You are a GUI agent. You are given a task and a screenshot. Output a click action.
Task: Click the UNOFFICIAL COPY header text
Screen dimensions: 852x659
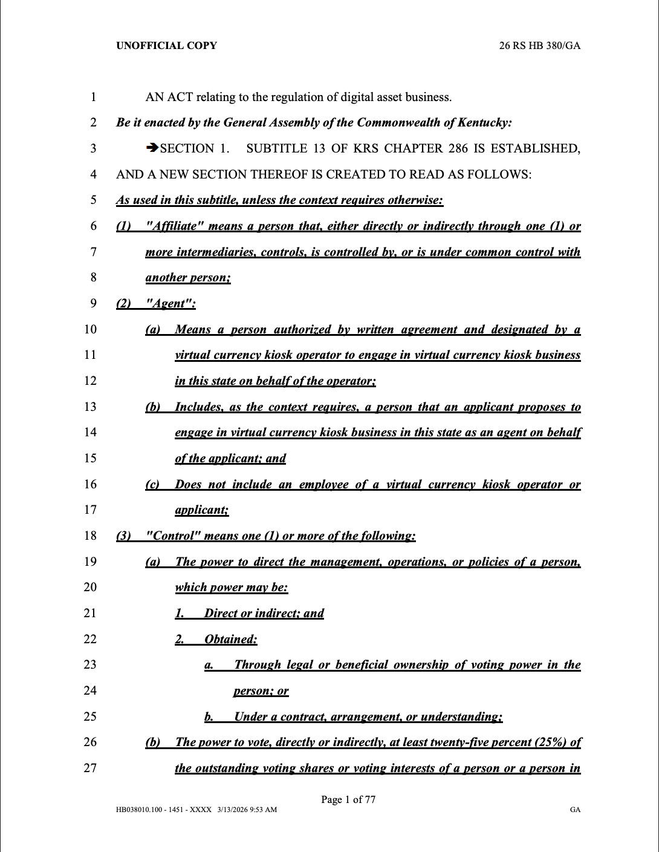pos(166,45)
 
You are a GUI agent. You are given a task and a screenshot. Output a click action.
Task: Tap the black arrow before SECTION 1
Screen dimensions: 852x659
pos(152,148)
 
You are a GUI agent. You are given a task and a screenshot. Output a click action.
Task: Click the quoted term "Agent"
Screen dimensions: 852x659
pos(171,304)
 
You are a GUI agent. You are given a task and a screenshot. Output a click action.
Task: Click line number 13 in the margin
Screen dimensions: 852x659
pos(90,407)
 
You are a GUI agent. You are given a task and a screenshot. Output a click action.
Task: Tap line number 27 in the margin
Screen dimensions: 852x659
pos(90,768)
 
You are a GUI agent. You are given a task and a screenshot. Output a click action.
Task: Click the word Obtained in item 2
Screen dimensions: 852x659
pos(230,640)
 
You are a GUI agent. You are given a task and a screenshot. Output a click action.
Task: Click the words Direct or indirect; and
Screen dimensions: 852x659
pos(264,614)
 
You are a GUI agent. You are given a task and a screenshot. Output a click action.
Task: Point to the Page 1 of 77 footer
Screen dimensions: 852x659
pos(348,799)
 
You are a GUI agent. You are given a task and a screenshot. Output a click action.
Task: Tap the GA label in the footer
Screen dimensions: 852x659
pos(575,810)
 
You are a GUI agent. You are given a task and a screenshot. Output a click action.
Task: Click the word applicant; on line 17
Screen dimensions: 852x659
pos(201,510)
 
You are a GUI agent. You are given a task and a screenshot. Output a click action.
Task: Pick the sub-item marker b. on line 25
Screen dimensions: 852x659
pos(209,717)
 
